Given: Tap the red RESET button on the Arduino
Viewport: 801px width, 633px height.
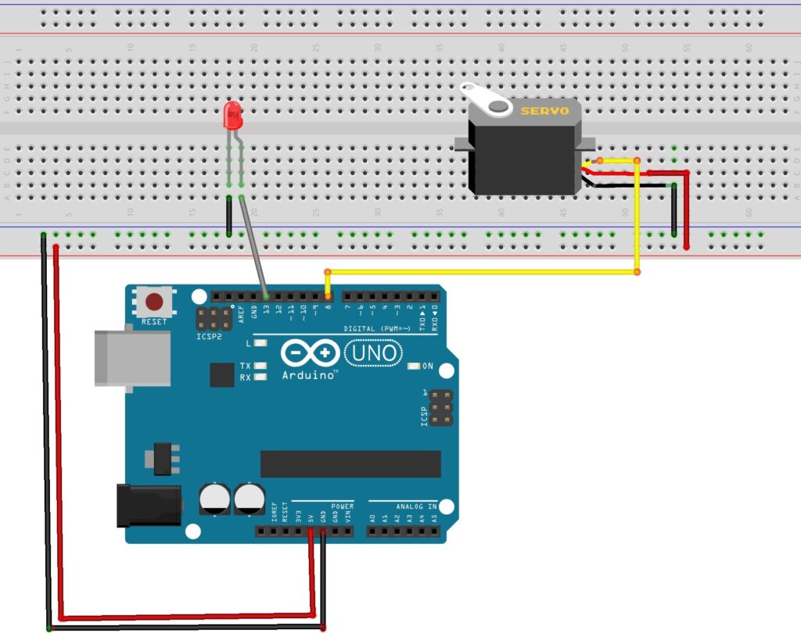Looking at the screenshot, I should click(155, 302).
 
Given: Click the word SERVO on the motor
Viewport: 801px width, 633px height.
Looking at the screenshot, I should click(545, 111).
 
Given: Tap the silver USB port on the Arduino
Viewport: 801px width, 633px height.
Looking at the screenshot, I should click(131, 357).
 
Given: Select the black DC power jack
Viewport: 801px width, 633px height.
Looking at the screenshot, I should click(149, 504).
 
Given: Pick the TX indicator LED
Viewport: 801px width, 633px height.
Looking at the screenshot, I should click(260, 366).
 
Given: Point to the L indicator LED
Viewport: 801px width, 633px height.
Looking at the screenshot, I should click(260, 343).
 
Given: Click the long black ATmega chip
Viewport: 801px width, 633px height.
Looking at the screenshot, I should click(350, 463).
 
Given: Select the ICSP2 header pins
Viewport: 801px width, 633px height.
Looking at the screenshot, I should click(213, 317).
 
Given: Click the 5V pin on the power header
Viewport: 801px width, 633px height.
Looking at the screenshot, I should click(311, 532).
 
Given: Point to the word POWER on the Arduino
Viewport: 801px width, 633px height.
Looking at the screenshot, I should click(343, 506).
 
